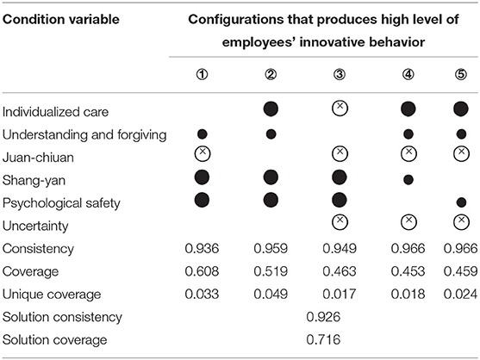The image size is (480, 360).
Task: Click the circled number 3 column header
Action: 340,74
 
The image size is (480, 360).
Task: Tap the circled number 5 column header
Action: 461,74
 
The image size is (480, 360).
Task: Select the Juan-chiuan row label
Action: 38,158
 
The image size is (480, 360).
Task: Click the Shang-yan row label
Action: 34,180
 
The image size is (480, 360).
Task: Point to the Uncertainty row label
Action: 35,226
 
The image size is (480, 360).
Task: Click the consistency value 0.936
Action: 202,248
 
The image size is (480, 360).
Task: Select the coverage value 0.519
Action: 271,271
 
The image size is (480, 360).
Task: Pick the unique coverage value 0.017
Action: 340,295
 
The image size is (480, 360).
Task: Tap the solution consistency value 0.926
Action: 323,317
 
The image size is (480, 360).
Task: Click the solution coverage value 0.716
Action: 323,340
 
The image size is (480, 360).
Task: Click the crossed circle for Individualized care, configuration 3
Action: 340,109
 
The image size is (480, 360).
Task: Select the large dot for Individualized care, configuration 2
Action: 271,109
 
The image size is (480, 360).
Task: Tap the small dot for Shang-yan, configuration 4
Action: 408,179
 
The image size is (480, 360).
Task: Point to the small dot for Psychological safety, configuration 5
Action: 461,202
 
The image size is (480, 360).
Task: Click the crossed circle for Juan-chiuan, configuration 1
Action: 202,153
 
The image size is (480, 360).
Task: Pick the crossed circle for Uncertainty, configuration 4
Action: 408,221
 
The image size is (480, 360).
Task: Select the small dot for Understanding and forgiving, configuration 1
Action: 202,134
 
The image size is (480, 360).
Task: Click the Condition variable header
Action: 61,20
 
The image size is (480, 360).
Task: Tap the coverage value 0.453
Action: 408,271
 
